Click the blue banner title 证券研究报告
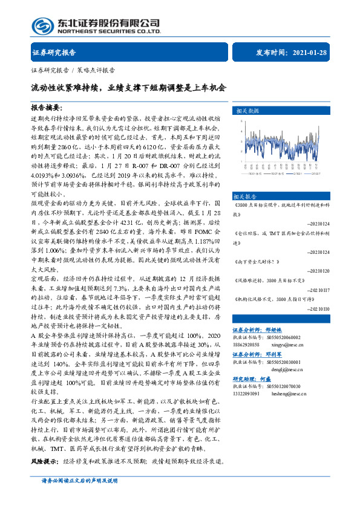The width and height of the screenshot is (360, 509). click(53, 53)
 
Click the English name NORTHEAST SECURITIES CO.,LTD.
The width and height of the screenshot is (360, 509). click(109, 30)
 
